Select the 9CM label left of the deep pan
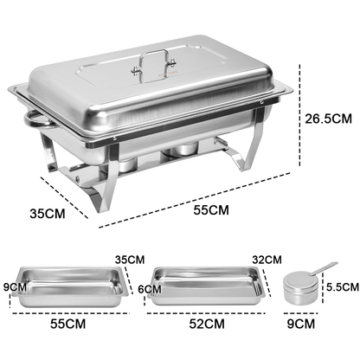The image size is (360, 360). click(x=11, y=286)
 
